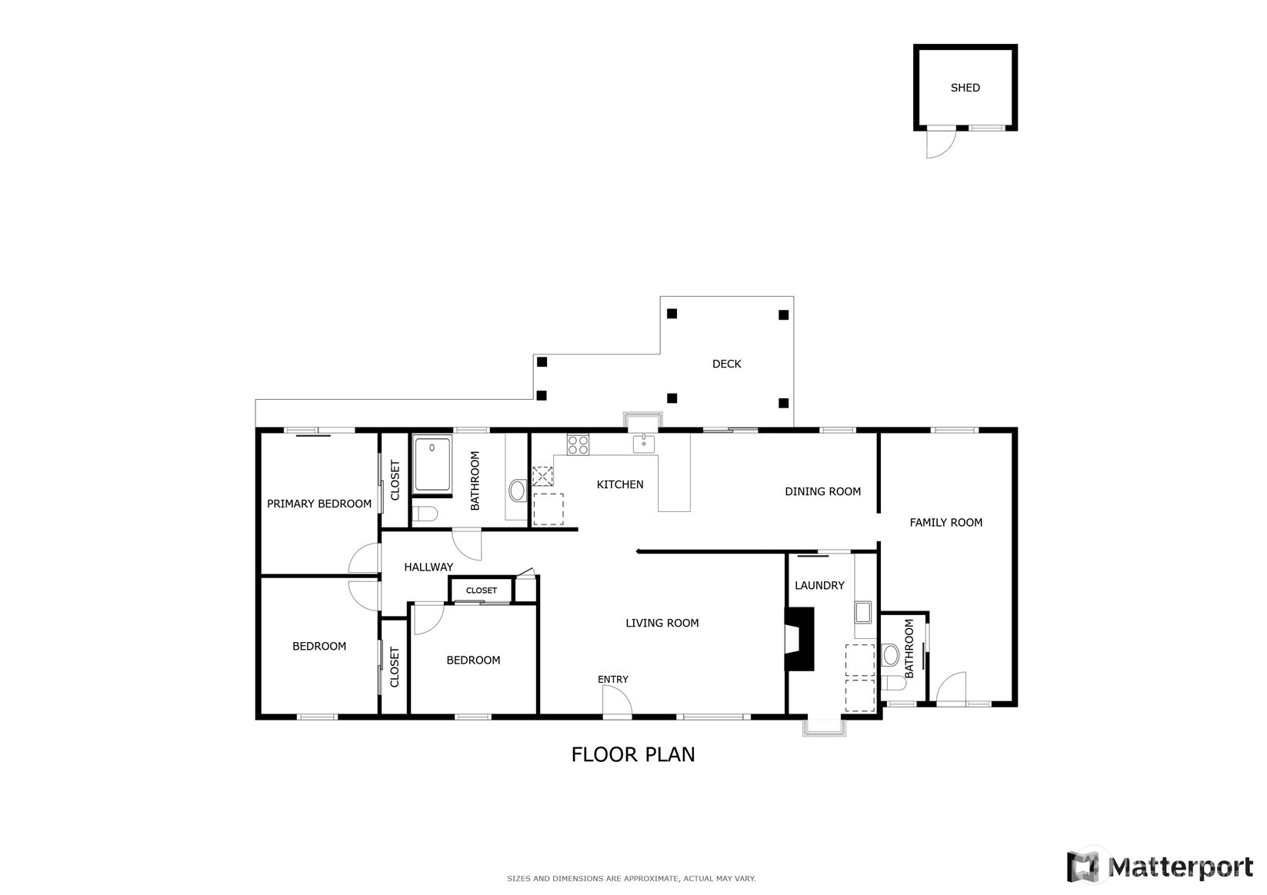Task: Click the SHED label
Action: click(965, 88)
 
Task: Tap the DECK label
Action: click(726, 364)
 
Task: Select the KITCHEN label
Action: click(620, 484)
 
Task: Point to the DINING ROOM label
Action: click(822, 491)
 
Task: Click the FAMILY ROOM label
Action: click(945, 523)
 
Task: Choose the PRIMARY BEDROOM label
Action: click(319, 504)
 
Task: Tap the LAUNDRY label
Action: click(819, 585)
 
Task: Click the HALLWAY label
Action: click(428, 567)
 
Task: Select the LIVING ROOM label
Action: click(662, 623)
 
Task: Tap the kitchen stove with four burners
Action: click(578, 444)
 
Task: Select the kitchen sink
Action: click(643, 444)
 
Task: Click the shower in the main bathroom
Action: click(432, 464)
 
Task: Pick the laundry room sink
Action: click(862, 612)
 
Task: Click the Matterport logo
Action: click(1159, 867)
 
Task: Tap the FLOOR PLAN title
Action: click(632, 754)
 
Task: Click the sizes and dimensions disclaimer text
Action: click(631, 878)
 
